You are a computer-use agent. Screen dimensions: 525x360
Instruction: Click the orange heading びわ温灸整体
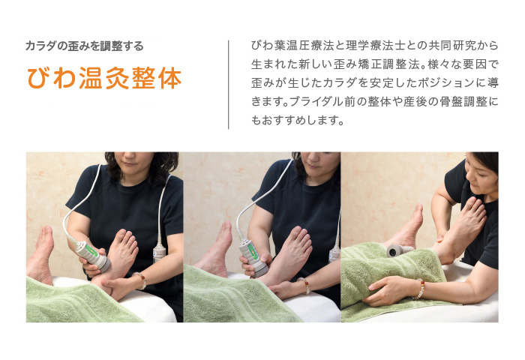point(104,79)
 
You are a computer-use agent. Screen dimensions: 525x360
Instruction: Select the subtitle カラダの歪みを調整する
point(84,46)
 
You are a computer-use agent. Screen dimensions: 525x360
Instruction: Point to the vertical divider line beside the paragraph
point(229,85)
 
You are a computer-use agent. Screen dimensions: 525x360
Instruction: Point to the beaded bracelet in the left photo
point(140,280)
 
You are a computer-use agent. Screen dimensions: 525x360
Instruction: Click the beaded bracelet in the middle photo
point(304,285)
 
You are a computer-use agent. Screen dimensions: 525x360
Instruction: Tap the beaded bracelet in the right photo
point(419,289)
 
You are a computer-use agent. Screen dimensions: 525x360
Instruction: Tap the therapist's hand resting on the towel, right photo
point(389,290)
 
